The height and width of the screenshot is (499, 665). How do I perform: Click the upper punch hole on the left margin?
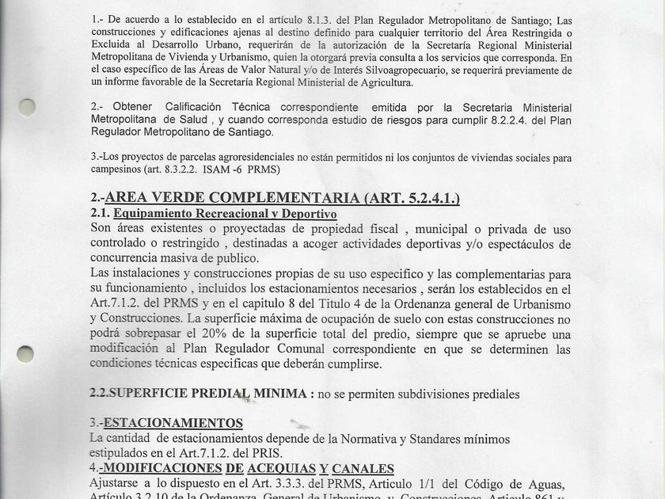click(27, 108)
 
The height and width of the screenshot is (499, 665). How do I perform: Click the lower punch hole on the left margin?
click(27, 353)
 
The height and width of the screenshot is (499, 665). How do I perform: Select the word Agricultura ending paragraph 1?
click(379, 82)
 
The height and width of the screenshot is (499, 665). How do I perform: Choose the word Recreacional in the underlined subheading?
click(223, 214)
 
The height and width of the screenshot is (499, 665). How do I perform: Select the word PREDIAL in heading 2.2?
click(215, 394)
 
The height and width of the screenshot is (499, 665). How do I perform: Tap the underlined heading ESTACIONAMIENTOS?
click(173, 423)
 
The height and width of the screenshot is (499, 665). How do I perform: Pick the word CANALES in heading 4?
click(363, 468)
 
